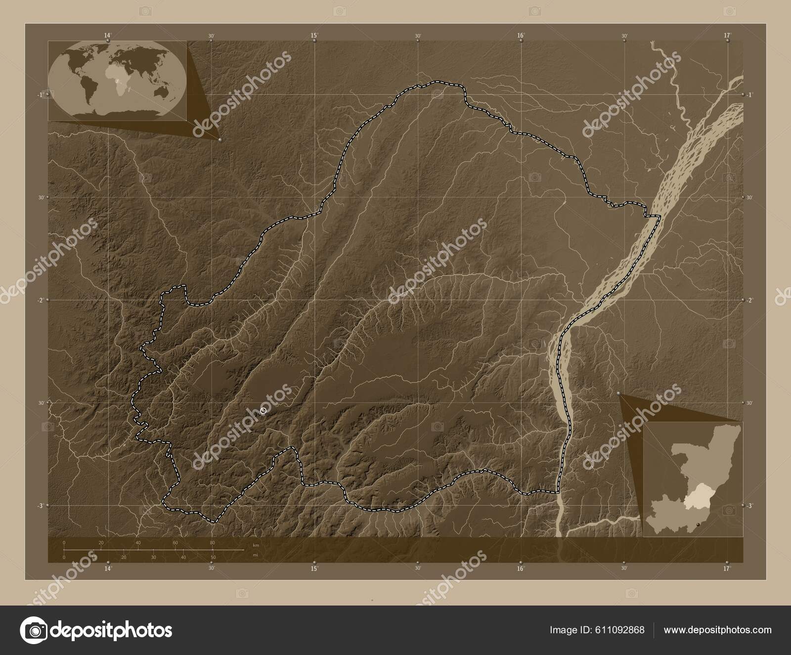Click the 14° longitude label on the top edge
tap(108, 35)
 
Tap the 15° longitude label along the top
tap(314, 35)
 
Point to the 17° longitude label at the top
tap(727, 35)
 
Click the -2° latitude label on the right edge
tap(750, 300)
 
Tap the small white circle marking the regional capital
tap(263, 410)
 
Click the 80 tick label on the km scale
tap(212, 543)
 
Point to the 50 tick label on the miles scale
tap(213, 558)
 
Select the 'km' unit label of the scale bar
tap(256, 545)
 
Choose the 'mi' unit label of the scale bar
tap(255, 555)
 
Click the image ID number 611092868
tap(621, 630)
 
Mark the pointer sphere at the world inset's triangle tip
tap(219, 140)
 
